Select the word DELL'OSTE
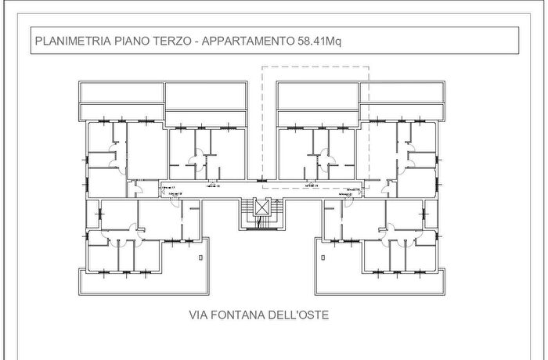click(x=301, y=316)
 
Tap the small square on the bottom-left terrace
click(x=201, y=256)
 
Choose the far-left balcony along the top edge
click(x=121, y=92)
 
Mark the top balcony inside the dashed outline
click(x=318, y=92)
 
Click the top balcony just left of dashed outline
click(x=205, y=92)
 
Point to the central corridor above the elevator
click(x=261, y=185)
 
